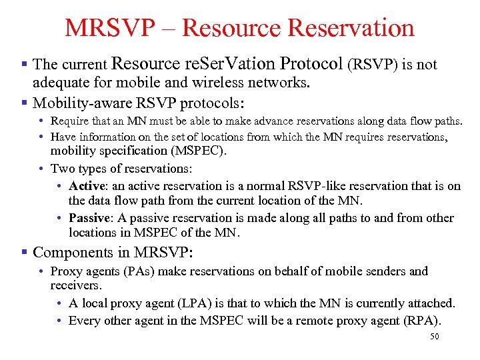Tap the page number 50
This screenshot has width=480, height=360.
(x=434, y=337)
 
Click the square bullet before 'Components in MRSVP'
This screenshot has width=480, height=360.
(x=25, y=253)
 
